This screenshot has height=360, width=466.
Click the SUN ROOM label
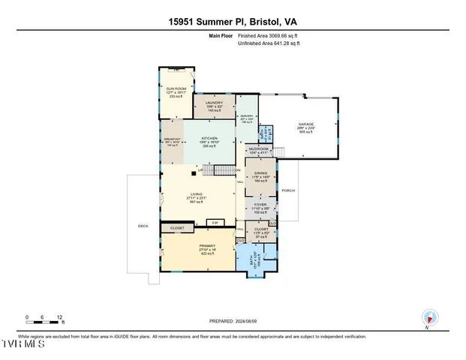(x=176, y=88)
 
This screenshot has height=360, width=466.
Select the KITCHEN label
(x=209, y=139)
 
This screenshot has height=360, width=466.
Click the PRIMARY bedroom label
(x=198, y=246)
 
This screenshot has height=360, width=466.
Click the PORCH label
(x=288, y=190)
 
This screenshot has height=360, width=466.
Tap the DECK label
(x=143, y=225)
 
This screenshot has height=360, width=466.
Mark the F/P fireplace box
(x=214, y=223)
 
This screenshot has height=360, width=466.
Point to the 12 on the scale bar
(x=59, y=316)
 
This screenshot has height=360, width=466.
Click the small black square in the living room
(x=194, y=173)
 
